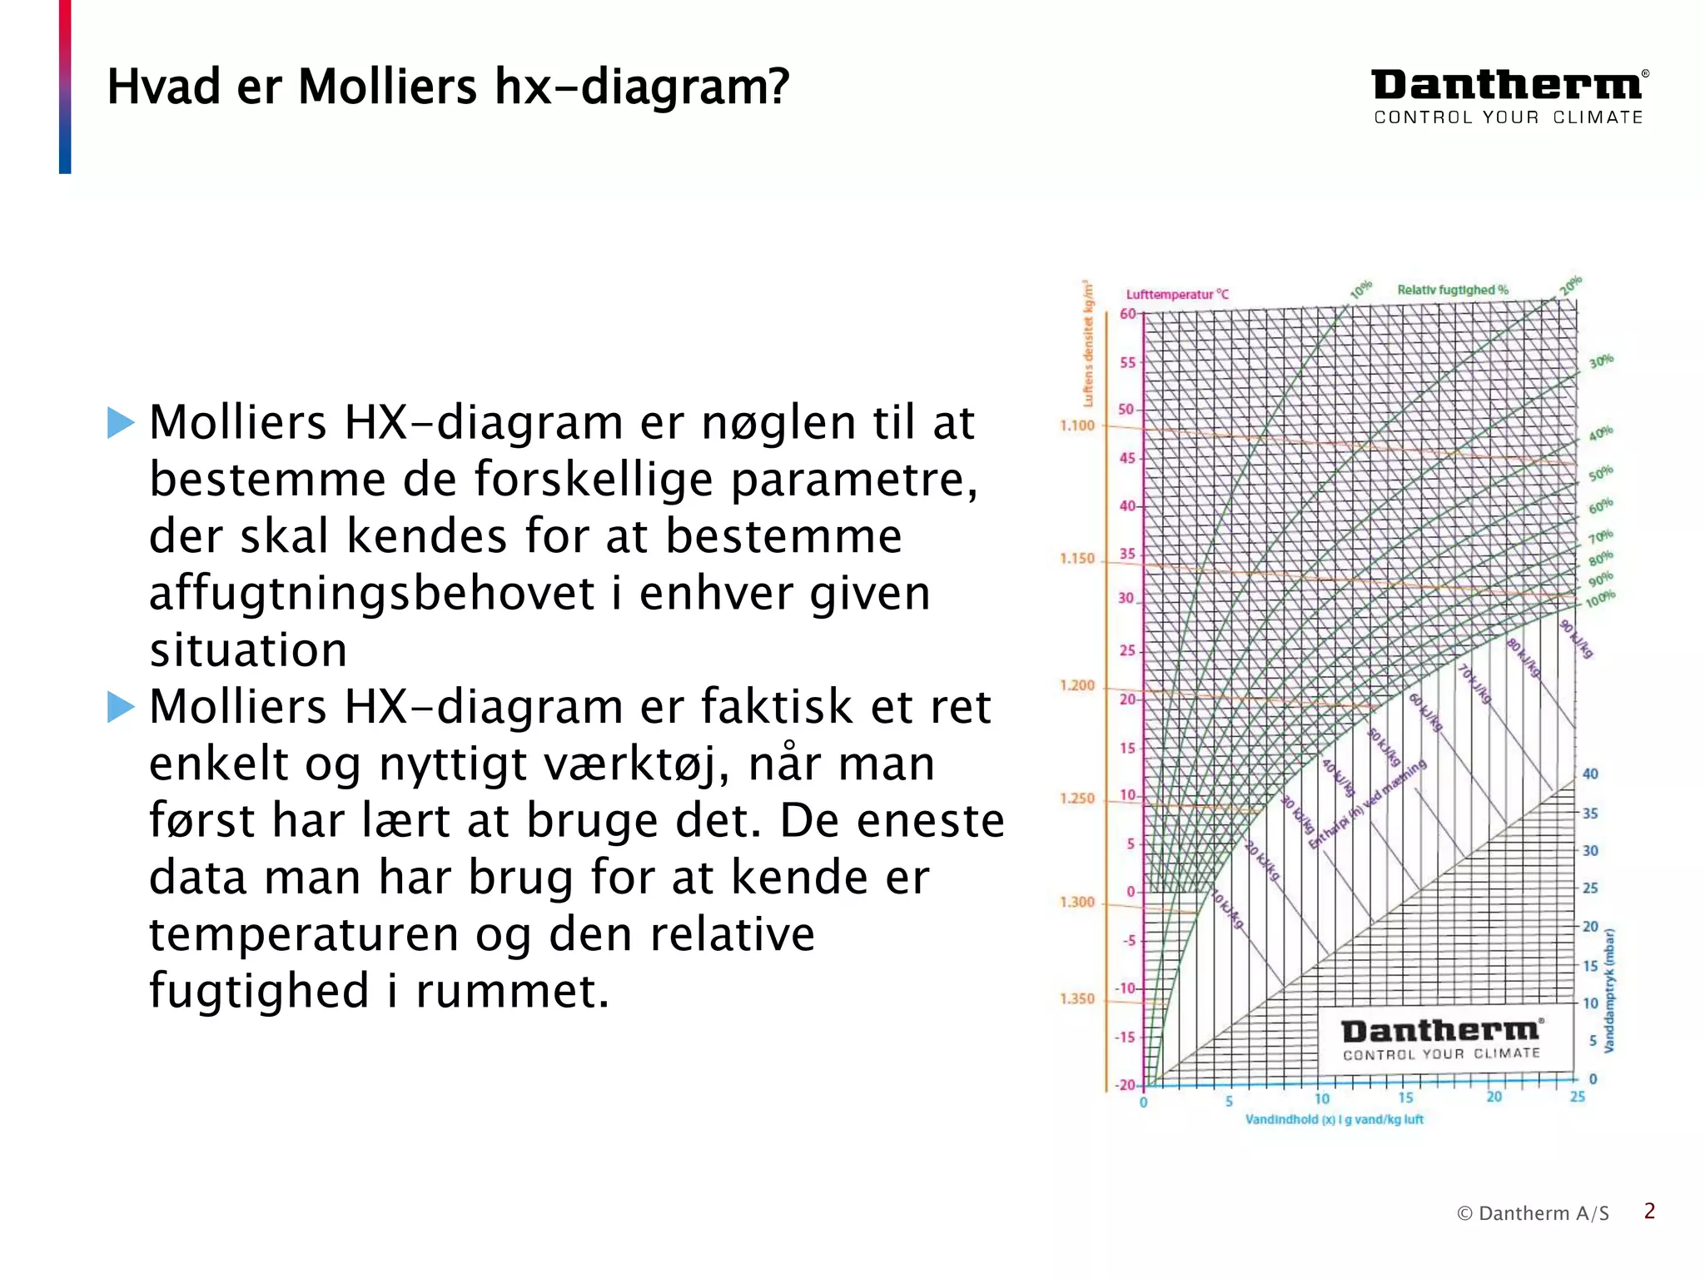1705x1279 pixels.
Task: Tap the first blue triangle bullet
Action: tap(121, 423)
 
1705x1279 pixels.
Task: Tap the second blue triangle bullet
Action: tap(121, 708)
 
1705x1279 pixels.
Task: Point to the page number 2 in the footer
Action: tap(1649, 1212)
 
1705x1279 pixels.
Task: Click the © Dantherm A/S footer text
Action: tap(1533, 1213)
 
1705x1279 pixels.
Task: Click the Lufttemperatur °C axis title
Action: tap(1177, 294)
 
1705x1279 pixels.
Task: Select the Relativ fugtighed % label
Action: tap(1452, 290)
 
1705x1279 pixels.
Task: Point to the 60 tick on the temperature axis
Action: tap(1127, 314)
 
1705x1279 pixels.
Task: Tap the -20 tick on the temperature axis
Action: tap(1126, 1085)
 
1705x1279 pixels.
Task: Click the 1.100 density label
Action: tap(1076, 426)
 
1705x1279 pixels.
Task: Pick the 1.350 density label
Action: tap(1076, 998)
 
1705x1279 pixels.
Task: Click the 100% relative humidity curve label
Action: tap(1599, 599)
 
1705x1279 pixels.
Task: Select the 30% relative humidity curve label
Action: tap(1600, 361)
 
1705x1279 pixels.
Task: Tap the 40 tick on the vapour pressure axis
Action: tap(1590, 774)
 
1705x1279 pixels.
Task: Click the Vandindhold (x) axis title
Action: tap(1334, 1119)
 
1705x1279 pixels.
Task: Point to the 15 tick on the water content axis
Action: tap(1406, 1098)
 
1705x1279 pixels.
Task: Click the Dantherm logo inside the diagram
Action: tap(1442, 1039)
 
